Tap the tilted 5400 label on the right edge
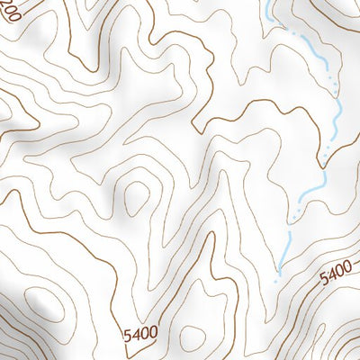tap(336, 270)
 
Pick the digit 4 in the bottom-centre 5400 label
tap(136, 334)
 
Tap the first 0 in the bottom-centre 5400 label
tap(144, 333)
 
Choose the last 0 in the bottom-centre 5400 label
tap(152, 333)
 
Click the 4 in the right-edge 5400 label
tap(332, 273)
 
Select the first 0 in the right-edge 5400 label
tap(339, 267)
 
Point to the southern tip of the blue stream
tap(279, 271)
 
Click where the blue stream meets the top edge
tap(270, 2)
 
